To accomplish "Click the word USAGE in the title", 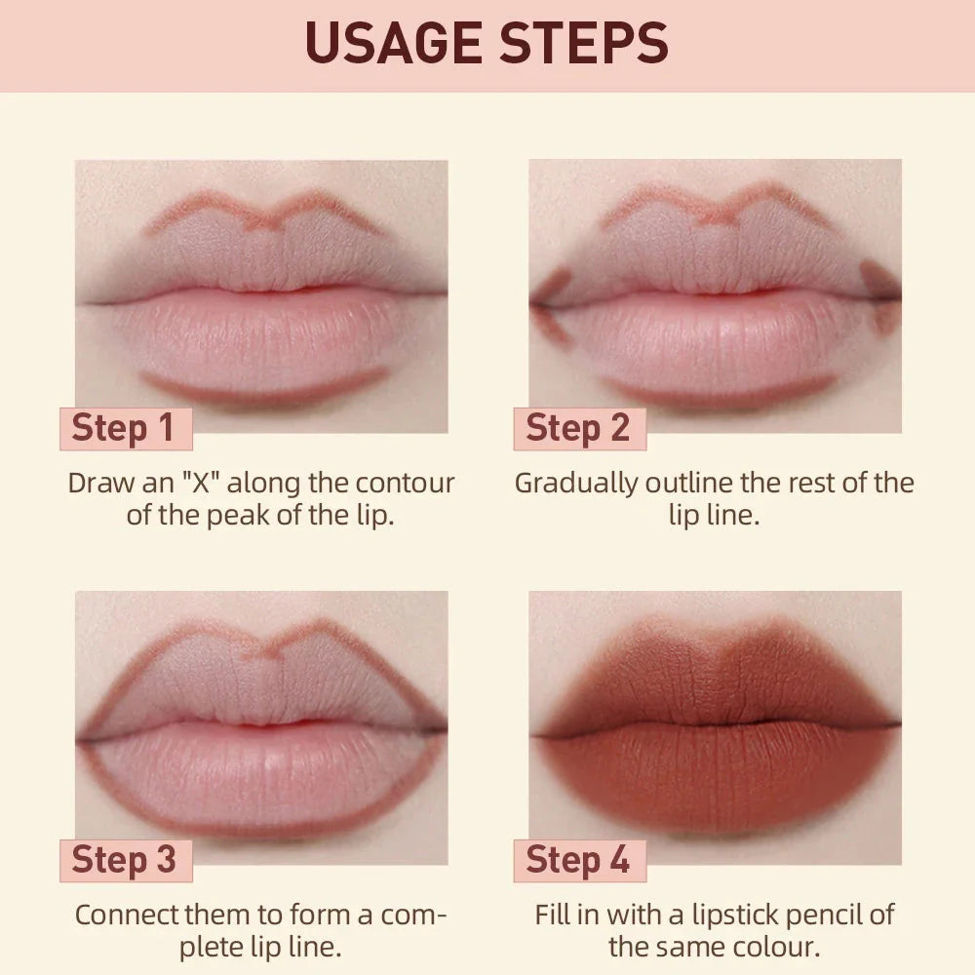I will click(390, 44).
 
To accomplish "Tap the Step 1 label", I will click(123, 429).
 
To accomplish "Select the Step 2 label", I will click(577, 429).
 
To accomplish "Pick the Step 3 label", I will click(124, 860).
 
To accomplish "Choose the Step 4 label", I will click(577, 860).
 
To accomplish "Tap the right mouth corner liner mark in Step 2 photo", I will click(882, 292).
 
